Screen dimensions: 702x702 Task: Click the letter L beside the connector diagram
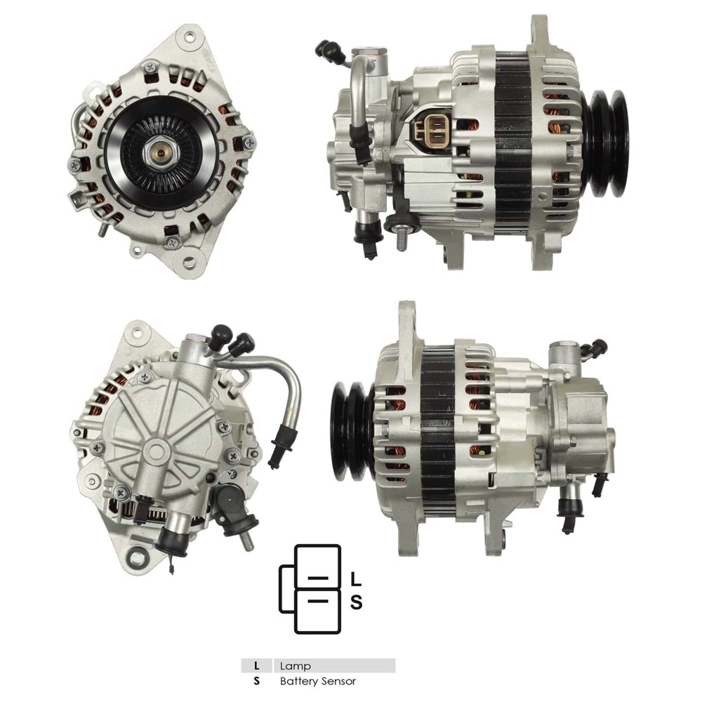point(356,579)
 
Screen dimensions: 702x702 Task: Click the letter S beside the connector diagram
point(356,602)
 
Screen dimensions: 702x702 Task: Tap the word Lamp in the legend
point(295,665)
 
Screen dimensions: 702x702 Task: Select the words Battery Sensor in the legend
point(318,681)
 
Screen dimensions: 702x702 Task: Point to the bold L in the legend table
point(257,665)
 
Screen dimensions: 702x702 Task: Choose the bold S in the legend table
point(257,681)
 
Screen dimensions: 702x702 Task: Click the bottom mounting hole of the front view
point(188,263)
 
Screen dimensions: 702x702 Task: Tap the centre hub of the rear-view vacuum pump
point(157,450)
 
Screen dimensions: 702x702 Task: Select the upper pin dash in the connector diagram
point(319,578)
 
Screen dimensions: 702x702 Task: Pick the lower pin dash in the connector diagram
point(319,602)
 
